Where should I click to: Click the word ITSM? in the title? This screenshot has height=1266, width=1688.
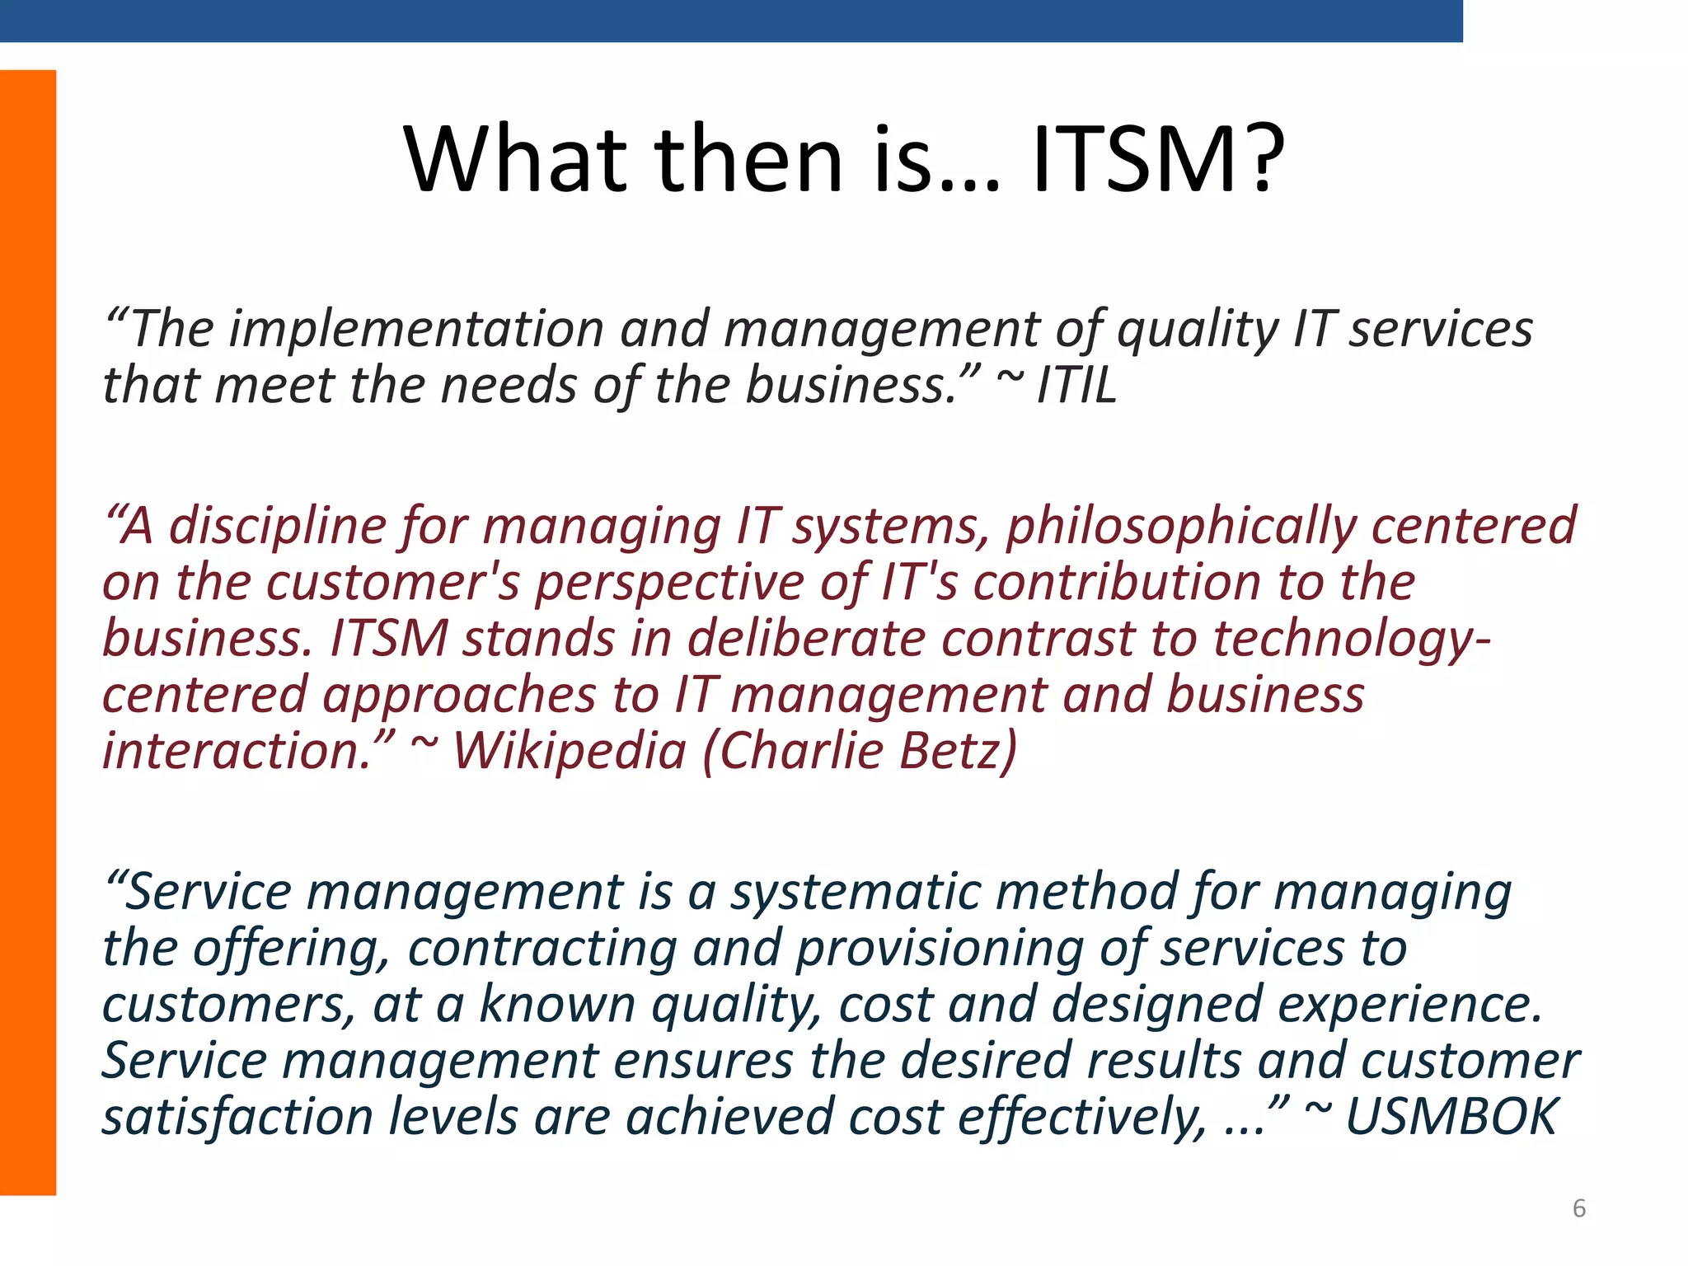(1158, 158)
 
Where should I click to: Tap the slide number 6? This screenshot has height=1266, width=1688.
(1578, 1208)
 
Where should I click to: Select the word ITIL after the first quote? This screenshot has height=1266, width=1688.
(1076, 386)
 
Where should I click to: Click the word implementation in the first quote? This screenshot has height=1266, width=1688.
(416, 330)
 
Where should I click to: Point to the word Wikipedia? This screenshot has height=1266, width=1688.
(570, 752)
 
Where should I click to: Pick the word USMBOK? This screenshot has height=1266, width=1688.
(1451, 1118)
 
